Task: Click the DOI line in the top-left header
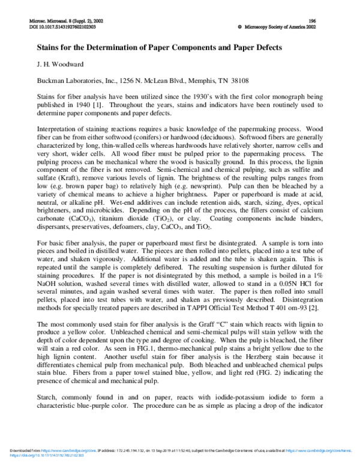(62, 26)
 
